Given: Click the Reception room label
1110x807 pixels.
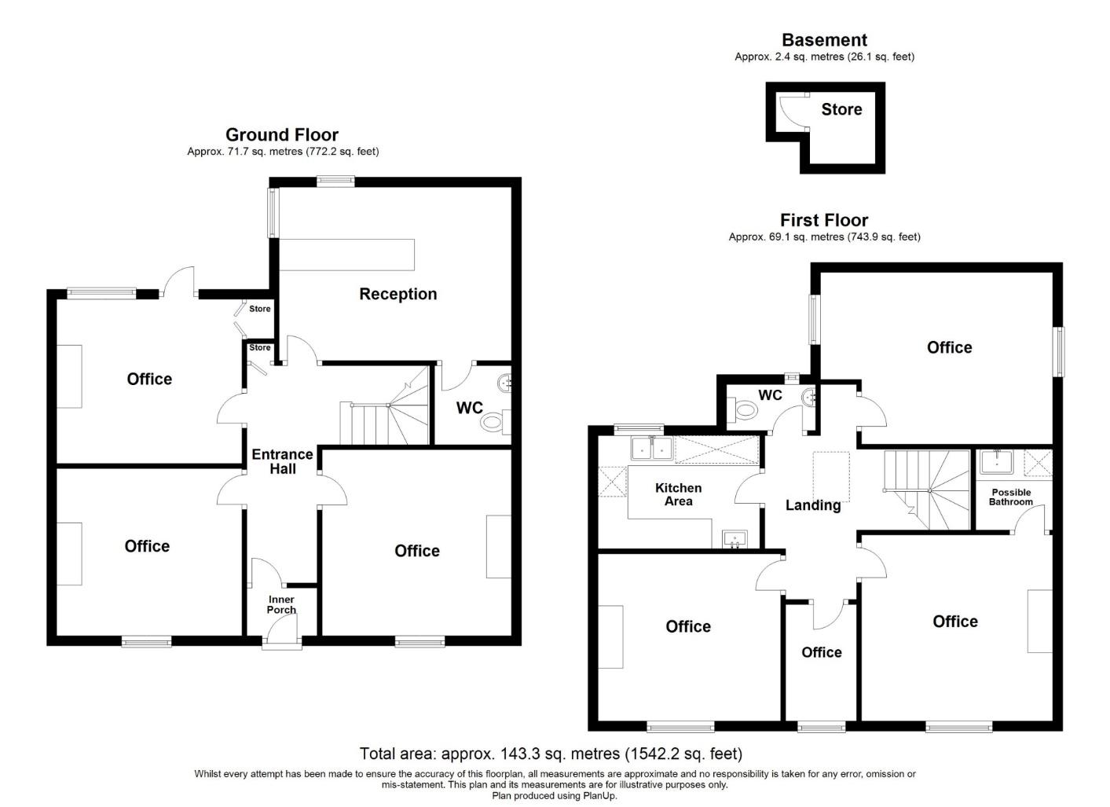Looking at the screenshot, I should coord(397,294).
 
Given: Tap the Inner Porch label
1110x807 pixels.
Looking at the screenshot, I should coord(281,604).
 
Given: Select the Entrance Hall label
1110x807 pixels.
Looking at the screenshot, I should coord(282,461).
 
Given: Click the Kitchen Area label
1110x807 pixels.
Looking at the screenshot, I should coord(678,494).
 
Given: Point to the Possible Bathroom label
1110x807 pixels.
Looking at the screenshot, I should coord(1011,497).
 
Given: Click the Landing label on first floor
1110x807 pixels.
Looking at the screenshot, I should coord(813,505).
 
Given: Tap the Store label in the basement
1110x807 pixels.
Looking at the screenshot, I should coord(841,110).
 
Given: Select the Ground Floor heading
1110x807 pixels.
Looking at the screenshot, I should coord(282,134).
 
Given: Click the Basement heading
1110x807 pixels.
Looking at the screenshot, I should coord(824,40).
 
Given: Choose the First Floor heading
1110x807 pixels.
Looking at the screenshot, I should coord(824,220).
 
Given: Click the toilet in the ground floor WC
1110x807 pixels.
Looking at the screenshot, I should coord(493,422).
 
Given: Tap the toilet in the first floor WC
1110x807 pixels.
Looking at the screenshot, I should coord(743,409).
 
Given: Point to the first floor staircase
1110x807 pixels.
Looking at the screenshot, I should coord(927,489).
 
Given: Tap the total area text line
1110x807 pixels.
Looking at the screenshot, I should coord(551,754).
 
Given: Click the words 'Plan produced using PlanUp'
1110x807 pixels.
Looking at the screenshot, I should coord(555,796).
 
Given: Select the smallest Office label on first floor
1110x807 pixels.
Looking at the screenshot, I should coord(821,652).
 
